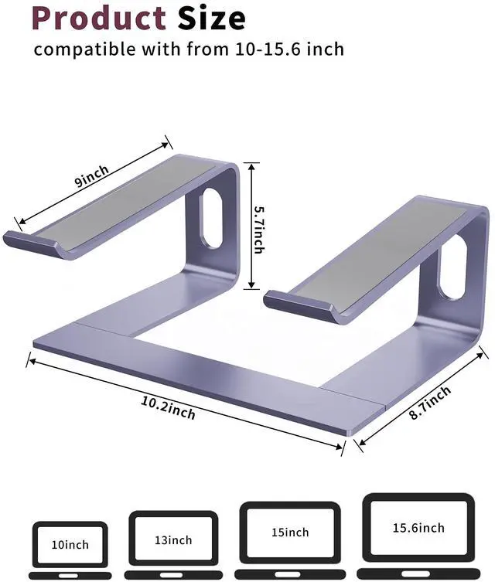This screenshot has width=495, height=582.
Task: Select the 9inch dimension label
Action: click(91, 179)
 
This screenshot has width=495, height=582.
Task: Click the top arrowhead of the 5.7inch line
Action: click(249, 165)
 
